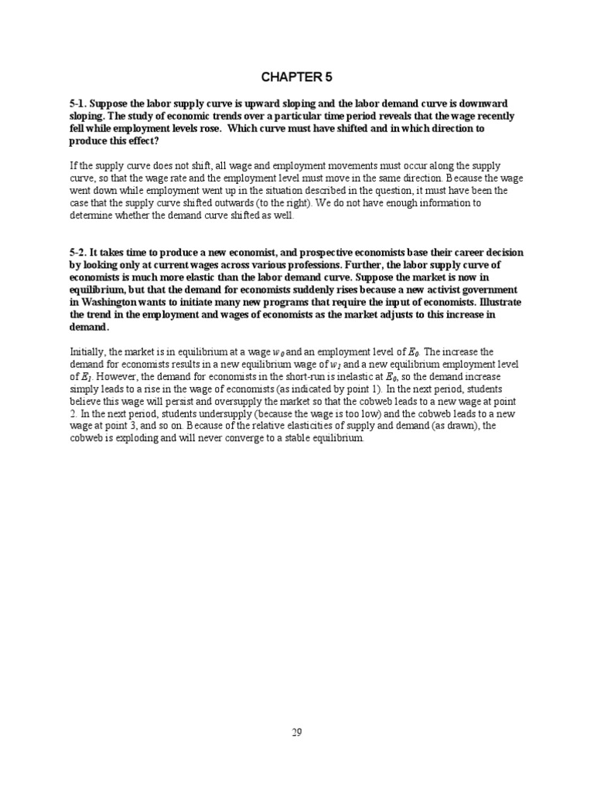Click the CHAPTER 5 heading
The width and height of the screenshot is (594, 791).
(296, 76)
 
